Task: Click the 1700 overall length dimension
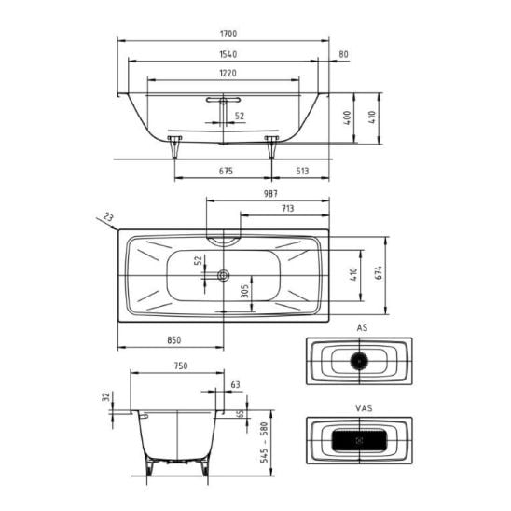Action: (228, 34)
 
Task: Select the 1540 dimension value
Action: (228, 54)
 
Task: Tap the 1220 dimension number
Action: (228, 74)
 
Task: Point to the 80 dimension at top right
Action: (343, 54)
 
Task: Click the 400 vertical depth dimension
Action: (348, 117)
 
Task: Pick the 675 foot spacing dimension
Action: (226, 171)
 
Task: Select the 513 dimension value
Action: (302, 171)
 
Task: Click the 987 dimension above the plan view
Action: (270, 194)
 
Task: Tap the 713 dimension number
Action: (288, 208)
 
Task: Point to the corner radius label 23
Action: (108, 216)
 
